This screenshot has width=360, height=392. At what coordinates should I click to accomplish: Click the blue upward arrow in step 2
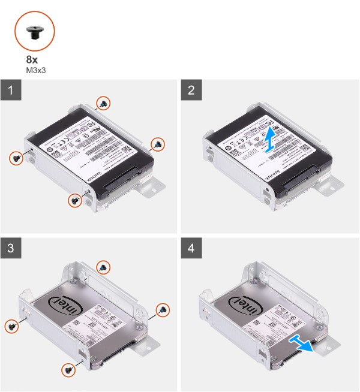tap(271, 142)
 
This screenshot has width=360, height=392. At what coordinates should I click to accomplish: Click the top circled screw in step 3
tap(104, 266)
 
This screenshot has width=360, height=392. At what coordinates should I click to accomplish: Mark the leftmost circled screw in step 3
tap(12, 325)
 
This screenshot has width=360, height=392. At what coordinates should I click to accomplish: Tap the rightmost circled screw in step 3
tap(161, 309)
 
